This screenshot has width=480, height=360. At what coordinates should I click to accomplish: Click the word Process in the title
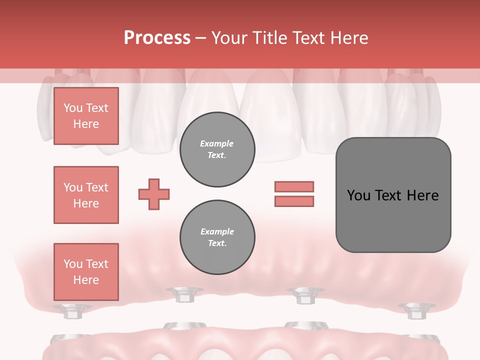[157, 38]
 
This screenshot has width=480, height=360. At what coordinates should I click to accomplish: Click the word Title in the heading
[270, 38]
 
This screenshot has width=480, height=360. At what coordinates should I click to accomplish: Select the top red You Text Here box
[86, 116]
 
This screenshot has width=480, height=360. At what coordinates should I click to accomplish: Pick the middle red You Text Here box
[86, 195]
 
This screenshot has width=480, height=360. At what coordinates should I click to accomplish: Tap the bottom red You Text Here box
[86, 272]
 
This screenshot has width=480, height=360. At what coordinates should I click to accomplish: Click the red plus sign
[154, 194]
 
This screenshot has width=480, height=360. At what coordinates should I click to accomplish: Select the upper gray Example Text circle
[217, 149]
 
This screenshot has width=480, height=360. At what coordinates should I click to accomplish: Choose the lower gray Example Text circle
[217, 237]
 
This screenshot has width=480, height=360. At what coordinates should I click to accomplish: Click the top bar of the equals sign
[294, 186]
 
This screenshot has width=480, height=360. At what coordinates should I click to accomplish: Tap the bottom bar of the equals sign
[294, 201]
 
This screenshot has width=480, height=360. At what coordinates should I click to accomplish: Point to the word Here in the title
[348, 38]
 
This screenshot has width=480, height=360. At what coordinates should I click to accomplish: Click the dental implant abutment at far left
[72, 311]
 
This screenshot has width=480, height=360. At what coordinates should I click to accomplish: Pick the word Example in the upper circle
[217, 143]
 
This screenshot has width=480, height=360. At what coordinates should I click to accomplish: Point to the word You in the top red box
[73, 108]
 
